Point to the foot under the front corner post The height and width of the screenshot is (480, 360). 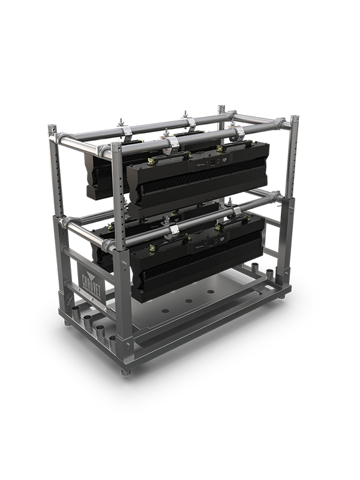pyautogui.click(x=125, y=371)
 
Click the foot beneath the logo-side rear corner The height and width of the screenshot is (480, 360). pyautogui.click(x=66, y=322)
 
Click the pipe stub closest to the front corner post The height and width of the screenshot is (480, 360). pyautogui.click(x=112, y=342)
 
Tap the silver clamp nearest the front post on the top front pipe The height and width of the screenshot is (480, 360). pyautogui.click(x=172, y=143)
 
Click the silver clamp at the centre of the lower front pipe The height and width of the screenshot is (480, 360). pyautogui.click(x=174, y=229)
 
